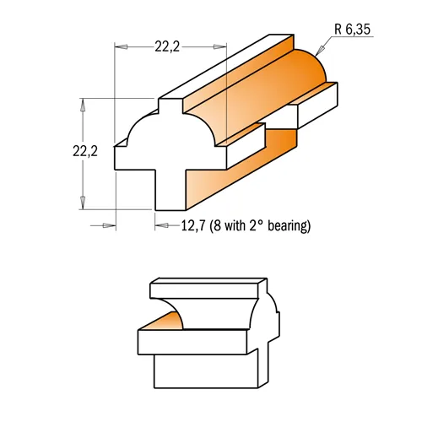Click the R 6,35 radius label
352,30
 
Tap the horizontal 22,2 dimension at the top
167,46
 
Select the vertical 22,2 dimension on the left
85,151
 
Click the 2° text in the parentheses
256,225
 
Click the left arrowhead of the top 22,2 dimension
121,46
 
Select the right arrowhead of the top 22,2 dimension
220,46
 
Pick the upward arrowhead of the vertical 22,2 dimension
83,105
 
